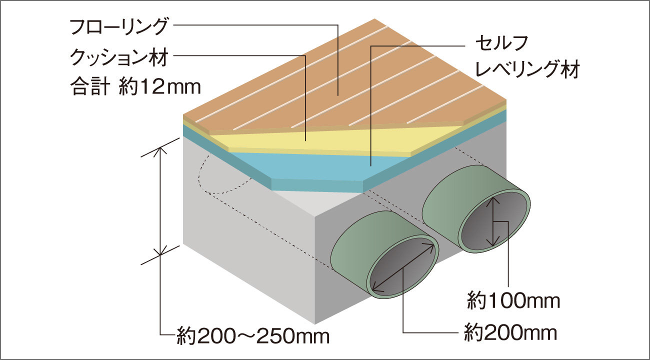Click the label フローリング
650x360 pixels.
coord(119,27)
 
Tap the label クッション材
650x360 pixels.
coord(119,57)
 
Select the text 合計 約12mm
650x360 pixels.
coord(135,86)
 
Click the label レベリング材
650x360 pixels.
coord(527,69)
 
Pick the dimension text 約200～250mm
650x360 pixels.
coord(253,336)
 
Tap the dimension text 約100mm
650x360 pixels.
coord(513,301)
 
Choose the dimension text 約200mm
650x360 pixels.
coord(510,333)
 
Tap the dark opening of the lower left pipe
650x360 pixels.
coord(402,268)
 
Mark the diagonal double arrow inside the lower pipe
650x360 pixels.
coord(403,267)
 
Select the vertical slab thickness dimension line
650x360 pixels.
coord(160,201)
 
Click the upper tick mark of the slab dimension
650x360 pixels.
coord(160,147)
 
